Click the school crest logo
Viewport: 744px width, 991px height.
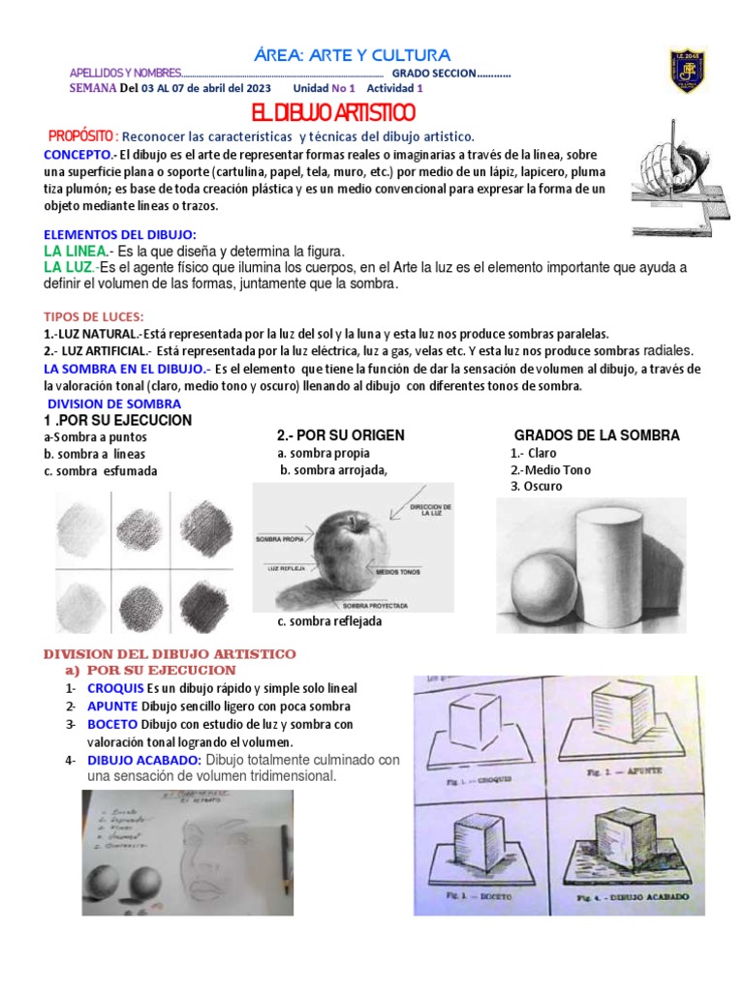[688, 71]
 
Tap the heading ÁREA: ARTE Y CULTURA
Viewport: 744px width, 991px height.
[351, 55]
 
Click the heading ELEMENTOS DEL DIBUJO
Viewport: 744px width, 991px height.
[120, 234]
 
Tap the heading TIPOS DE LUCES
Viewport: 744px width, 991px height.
[94, 316]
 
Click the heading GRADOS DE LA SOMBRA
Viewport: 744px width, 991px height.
[596, 435]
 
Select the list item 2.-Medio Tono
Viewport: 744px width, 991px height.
[550, 469]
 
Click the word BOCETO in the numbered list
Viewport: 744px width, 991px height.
[112, 724]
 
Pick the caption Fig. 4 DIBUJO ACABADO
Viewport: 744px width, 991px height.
[635, 897]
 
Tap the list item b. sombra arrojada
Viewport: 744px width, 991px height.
[333, 470]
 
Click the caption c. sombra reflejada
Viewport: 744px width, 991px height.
[328, 621]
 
